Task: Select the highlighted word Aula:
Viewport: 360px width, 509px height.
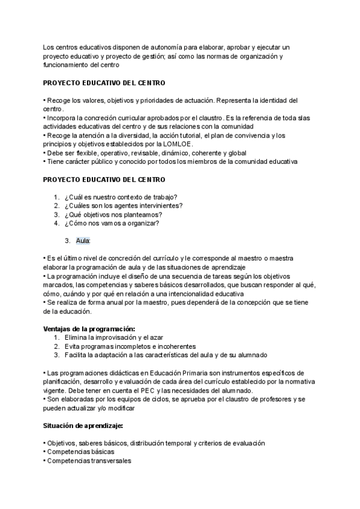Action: coord(83,241)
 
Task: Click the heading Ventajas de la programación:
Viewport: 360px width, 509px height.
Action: coord(89,329)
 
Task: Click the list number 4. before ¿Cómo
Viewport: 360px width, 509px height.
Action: coord(56,223)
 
